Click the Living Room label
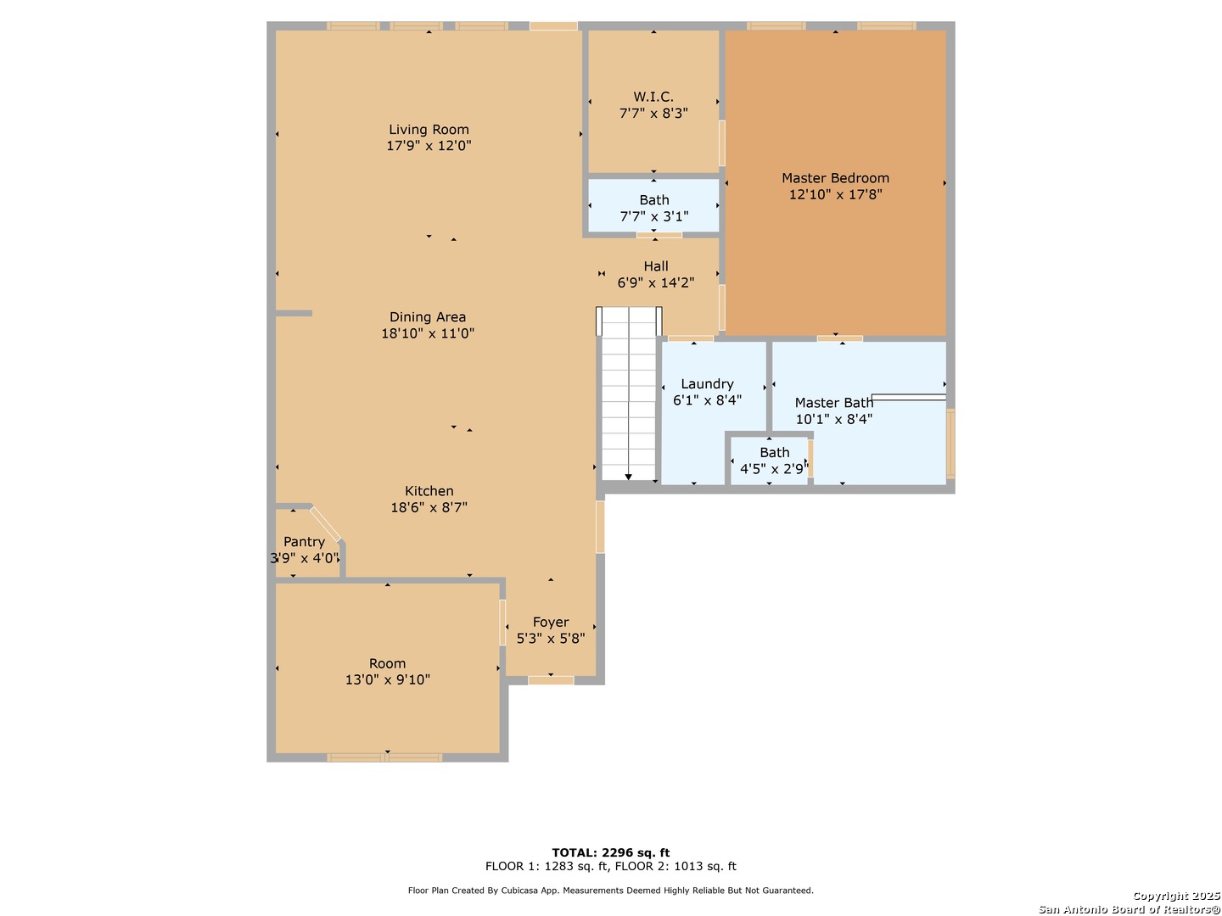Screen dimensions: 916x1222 coord(429,130)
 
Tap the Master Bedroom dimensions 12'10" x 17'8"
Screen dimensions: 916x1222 coord(835,194)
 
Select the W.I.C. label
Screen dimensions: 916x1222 coord(653,97)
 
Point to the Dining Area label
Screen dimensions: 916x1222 coord(428,317)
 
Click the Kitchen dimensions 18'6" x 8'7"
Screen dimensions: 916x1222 coord(429,507)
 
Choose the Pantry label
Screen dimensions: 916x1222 coord(304,542)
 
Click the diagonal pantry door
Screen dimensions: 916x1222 coord(326,524)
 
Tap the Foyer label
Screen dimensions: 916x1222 coord(551,623)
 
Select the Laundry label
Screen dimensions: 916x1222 coord(707,384)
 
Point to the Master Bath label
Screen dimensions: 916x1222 coord(833,403)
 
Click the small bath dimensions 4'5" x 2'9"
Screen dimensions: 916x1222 coord(774,469)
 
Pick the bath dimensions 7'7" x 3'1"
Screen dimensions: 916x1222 coord(653,216)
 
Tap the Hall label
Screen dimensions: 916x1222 coord(655,266)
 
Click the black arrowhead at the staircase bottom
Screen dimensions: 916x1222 coord(628,478)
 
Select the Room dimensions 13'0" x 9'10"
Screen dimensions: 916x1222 coord(387,679)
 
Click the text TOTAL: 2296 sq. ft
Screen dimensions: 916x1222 coord(610,852)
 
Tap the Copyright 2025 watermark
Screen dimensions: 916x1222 coord(1175,896)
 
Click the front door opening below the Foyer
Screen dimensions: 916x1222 coord(551,680)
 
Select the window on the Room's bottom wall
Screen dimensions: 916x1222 coord(384,757)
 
